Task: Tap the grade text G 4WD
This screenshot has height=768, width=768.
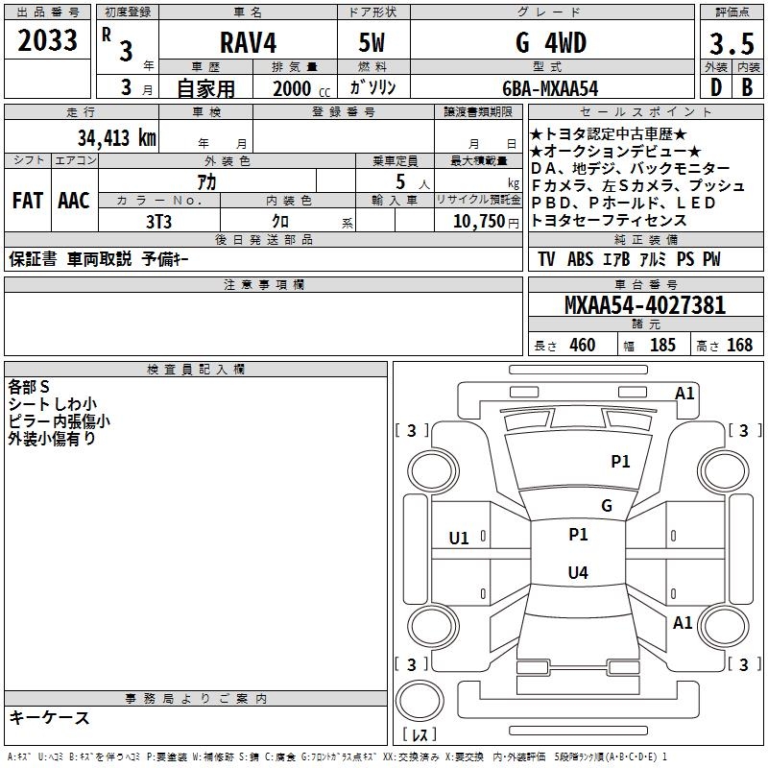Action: pos(550,42)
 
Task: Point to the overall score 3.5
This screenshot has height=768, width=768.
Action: pos(730,44)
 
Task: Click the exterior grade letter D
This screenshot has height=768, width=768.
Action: pos(714,87)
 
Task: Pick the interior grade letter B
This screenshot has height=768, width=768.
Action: pos(746,87)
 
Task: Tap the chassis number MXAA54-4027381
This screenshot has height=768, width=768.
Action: pos(645,306)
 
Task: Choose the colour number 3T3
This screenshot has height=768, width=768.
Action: pos(158,221)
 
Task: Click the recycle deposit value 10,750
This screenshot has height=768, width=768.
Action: pos(477,221)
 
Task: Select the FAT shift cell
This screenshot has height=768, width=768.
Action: pos(28,201)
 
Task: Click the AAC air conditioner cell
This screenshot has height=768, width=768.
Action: pos(74,201)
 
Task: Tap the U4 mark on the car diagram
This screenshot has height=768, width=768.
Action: pos(578,573)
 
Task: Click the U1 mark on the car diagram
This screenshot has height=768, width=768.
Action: pos(459,539)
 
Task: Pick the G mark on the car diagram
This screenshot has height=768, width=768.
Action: pos(607,506)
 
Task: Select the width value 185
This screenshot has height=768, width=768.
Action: pos(662,346)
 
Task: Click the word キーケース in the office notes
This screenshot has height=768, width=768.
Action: pos(50,718)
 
